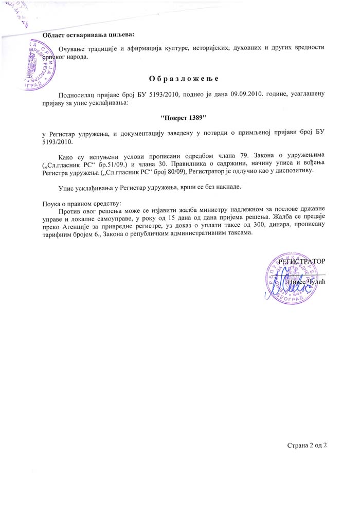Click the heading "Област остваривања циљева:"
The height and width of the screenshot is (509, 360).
point(88,35)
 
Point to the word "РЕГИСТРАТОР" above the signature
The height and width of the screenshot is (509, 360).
point(302,262)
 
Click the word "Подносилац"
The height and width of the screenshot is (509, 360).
point(77,95)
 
